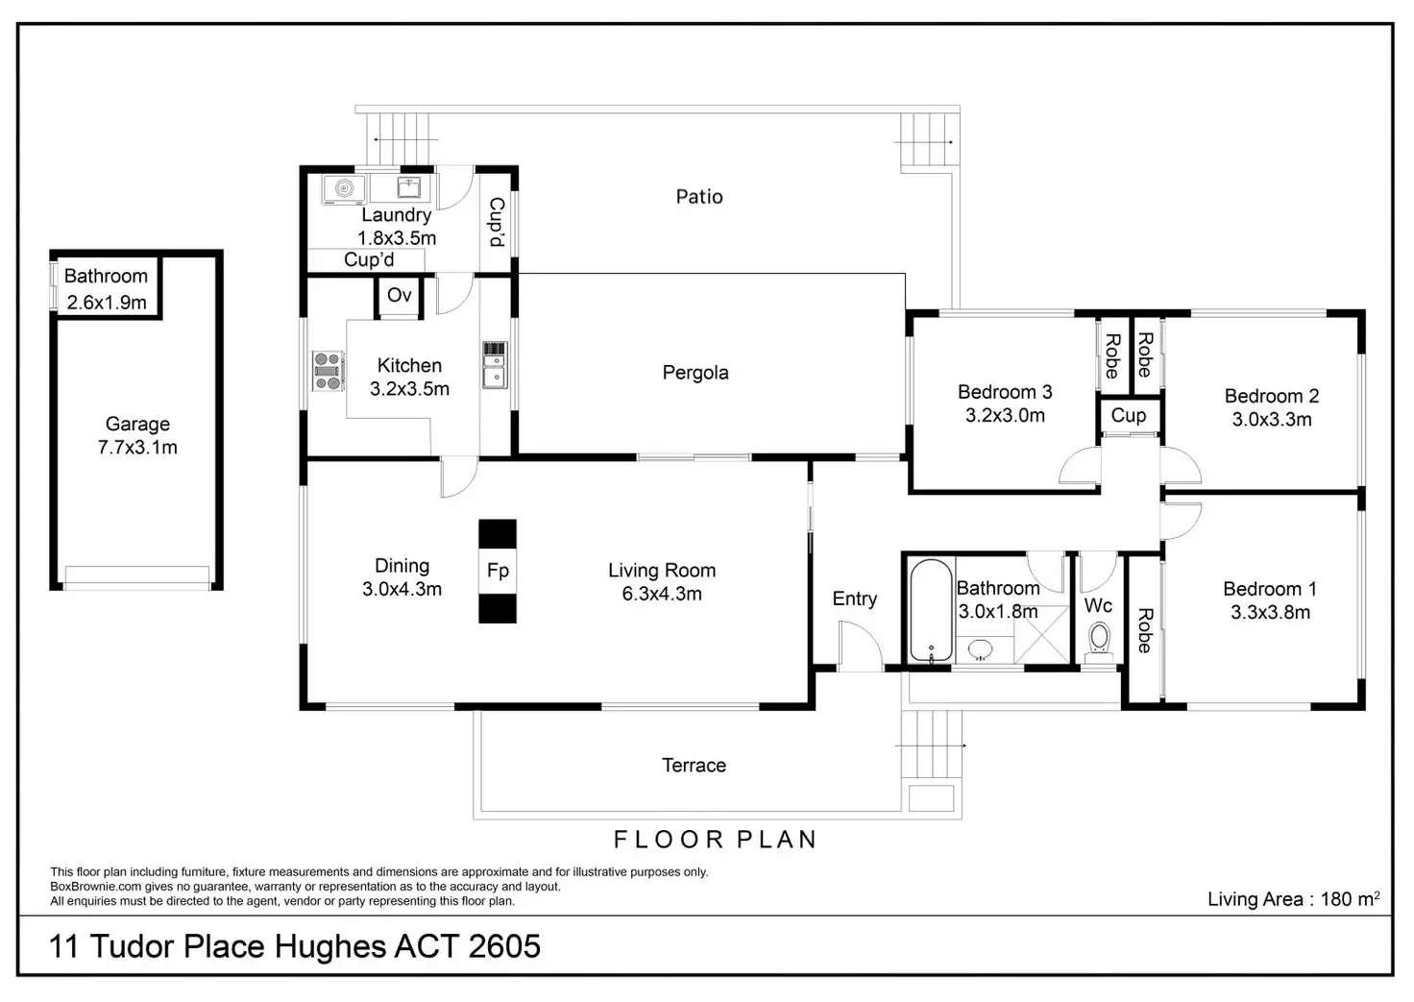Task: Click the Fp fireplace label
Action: coord(498,571)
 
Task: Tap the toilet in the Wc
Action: coord(1098,639)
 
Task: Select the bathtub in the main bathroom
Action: coord(929,612)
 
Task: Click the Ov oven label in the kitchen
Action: coord(399,295)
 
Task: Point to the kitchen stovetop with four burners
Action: coord(328,371)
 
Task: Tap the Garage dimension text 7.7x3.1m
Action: coord(137,447)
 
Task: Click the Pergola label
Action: coord(695,373)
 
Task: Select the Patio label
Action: coord(699,197)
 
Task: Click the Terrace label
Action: coord(694,766)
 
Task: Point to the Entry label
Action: coord(854,599)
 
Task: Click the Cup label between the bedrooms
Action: coord(1129,415)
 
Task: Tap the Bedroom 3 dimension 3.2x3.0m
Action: coord(1005,415)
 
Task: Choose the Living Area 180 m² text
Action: coord(1293,899)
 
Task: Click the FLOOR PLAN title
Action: coord(716,840)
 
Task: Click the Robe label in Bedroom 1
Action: coord(1144,630)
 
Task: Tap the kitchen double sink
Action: coord(495,365)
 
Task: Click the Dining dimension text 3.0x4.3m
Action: coord(402,589)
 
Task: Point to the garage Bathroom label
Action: coord(106,276)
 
